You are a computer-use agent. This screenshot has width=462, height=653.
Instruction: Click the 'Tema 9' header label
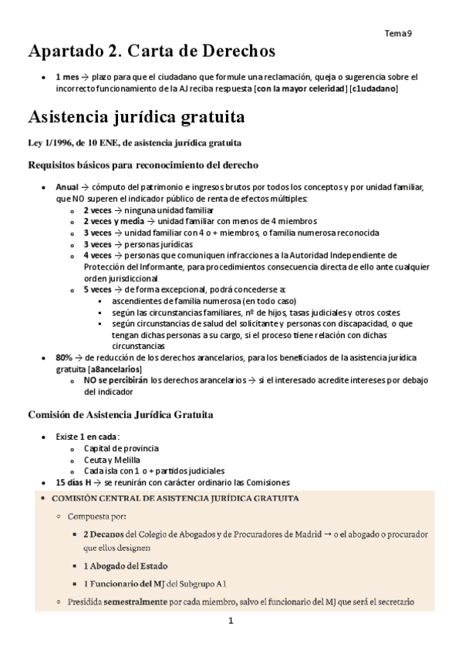point(398,33)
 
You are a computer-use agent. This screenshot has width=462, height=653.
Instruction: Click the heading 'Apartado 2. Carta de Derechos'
point(151,52)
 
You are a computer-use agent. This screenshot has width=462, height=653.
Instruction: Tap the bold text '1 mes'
point(68,78)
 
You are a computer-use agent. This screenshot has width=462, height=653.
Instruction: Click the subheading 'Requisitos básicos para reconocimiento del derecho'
point(143,165)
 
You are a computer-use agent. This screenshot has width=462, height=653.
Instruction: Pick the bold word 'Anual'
point(67,187)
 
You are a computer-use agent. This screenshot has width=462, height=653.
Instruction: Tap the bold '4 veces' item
point(97,255)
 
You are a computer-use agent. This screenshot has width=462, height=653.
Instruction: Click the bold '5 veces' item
point(97,289)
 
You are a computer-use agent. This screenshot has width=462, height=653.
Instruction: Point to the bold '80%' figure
point(64,357)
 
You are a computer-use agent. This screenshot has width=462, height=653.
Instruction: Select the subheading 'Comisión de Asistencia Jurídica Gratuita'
point(120,415)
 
